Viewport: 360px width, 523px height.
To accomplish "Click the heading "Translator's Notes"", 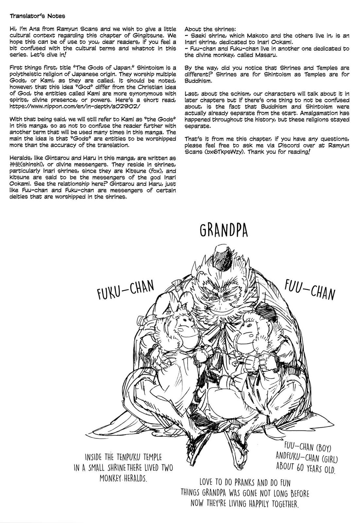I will pos(37,16).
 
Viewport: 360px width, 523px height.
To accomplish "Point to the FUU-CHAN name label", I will pos(309,290).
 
